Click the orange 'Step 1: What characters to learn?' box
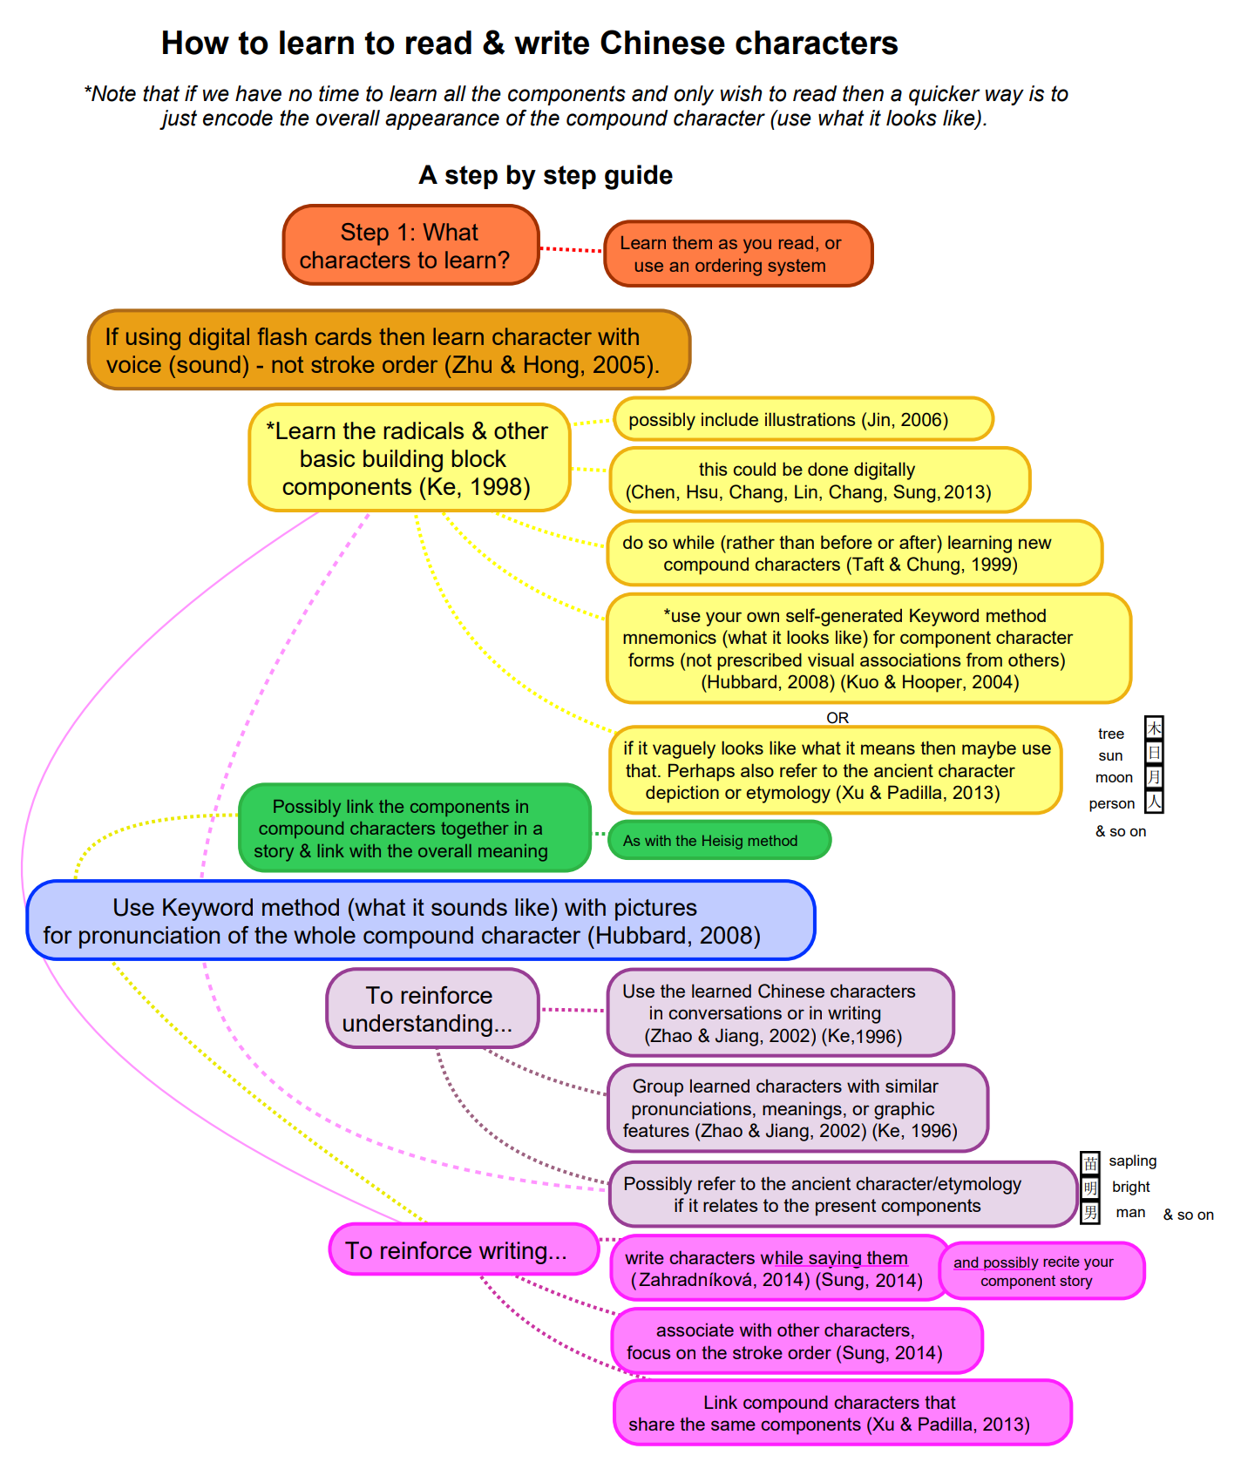click(410, 246)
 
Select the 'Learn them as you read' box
click(737, 254)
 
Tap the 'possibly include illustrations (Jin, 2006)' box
click(803, 420)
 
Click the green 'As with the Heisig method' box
click(719, 841)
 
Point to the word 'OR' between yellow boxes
click(838, 718)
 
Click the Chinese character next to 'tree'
click(1154, 728)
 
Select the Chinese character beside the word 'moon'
click(1154, 776)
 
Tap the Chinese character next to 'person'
click(1154, 802)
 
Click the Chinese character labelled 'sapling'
click(1090, 1162)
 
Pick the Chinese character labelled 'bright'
click(1090, 1188)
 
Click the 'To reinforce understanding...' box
click(432, 1009)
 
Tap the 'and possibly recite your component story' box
click(1041, 1271)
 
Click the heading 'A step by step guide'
click(546, 175)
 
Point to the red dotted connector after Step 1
click(571, 250)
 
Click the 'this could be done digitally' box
click(819, 480)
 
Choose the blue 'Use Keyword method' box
click(420, 921)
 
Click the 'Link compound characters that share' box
click(842, 1413)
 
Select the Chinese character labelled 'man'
click(1090, 1212)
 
